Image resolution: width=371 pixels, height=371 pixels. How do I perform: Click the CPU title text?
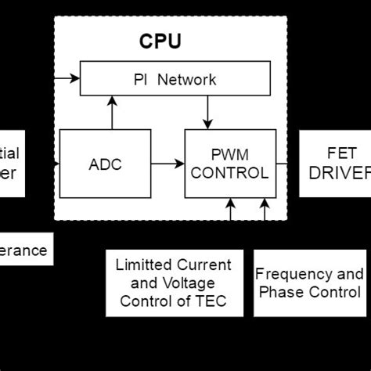point(160,40)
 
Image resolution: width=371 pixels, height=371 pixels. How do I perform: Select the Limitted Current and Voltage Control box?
point(173,283)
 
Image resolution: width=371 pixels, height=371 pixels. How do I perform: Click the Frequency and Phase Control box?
point(309,283)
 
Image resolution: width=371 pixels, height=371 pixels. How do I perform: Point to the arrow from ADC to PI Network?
point(112,113)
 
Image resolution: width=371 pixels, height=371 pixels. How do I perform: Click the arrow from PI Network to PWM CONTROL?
point(207,113)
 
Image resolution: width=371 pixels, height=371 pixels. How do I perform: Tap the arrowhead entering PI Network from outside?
point(76,78)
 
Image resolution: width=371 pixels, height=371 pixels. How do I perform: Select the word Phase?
point(286,293)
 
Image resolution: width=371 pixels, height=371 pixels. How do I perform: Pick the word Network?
point(190,80)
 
